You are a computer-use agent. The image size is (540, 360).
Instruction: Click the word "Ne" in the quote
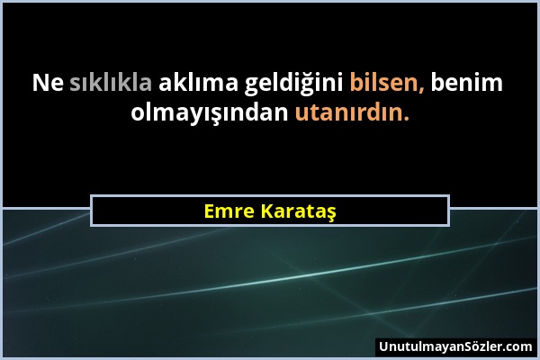coord(46,84)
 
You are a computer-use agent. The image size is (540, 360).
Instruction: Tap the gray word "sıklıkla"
coord(112,84)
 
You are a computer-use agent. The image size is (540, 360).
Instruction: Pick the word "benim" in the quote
coord(467,84)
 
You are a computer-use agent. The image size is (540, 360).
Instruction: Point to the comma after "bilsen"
coord(422,89)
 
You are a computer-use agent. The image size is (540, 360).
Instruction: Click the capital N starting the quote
coord(40,84)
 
